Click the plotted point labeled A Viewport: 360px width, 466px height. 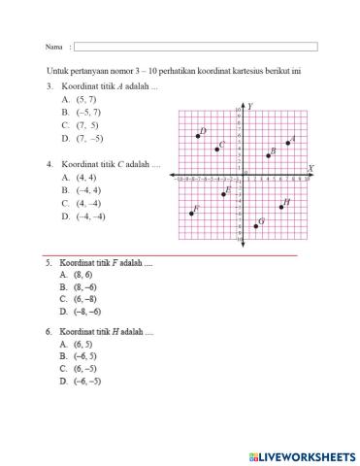[288, 143]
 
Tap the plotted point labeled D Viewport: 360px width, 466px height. [198, 136]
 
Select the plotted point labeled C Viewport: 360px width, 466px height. [216, 149]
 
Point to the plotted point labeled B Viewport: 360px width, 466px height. [268, 155]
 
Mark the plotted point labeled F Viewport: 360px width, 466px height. [191, 214]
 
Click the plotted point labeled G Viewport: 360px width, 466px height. [256, 225]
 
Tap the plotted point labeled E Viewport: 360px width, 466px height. [223, 194]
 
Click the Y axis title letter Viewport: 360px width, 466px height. [250, 105]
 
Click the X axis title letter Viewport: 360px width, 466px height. [310, 168]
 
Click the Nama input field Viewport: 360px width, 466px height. [195, 47]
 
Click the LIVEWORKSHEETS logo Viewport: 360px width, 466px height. [302, 454]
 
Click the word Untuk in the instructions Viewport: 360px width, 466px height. [58, 70]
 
